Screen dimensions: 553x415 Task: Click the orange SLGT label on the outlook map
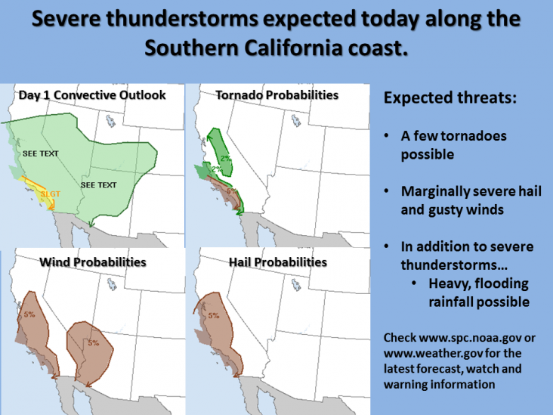click(x=51, y=194)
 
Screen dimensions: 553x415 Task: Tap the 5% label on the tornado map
click(x=231, y=191)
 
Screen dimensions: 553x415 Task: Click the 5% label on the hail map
click(x=214, y=315)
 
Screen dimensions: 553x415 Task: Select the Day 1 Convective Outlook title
click(x=92, y=95)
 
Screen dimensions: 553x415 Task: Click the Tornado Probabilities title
click(x=277, y=95)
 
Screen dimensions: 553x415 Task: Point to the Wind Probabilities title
click(x=93, y=262)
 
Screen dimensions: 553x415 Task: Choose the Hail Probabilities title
click(x=278, y=262)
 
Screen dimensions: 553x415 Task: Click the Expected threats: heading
click(x=450, y=98)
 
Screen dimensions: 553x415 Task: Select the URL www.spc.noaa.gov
click(x=470, y=338)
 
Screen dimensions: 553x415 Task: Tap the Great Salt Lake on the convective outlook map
click(x=111, y=121)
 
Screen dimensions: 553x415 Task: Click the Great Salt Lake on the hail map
click(x=296, y=284)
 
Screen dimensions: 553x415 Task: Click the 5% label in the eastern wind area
click(x=94, y=342)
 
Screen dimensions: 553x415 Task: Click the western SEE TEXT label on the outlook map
click(x=41, y=153)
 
